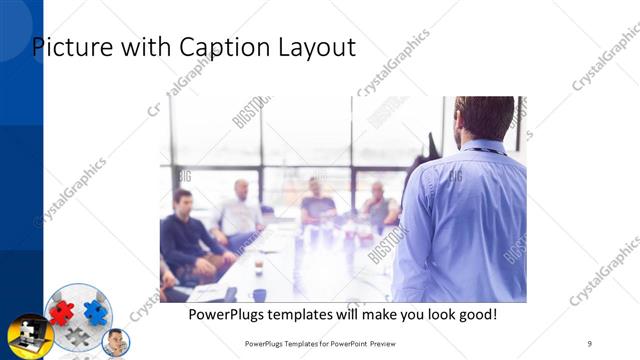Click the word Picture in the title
(72, 47)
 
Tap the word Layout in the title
(317, 47)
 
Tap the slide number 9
(590, 344)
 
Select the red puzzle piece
(62, 311)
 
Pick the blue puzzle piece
(95, 311)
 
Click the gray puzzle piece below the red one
(78, 336)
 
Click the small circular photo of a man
(116, 343)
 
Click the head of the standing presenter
(484, 118)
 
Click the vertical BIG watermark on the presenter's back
(456, 178)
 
